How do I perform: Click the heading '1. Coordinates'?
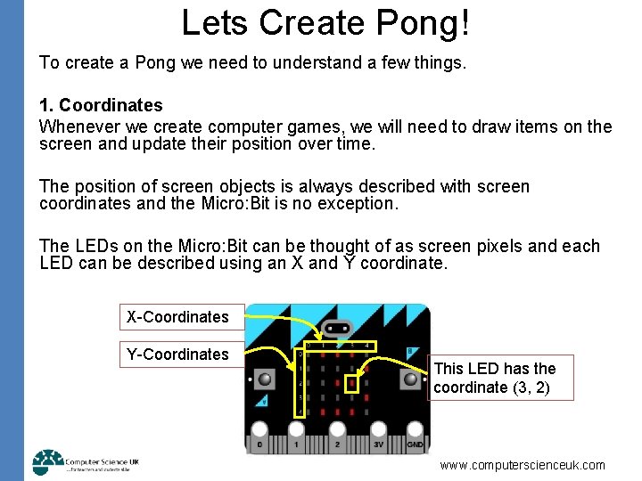pos(101,106)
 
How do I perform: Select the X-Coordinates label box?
pos(177,316)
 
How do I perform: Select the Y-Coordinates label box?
pos(177,354)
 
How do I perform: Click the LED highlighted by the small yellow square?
pos(352,384)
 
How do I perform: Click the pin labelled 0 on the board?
pos(259,443)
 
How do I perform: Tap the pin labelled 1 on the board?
pos(296,443)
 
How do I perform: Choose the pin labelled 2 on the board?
pos(337,443)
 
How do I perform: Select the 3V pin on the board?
pos(378,443)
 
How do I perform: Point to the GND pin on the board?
pos(415,443)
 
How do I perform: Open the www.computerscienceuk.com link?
pos(523,465)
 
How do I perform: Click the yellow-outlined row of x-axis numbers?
pos(341,346)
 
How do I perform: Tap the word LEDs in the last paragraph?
pos(91,247)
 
